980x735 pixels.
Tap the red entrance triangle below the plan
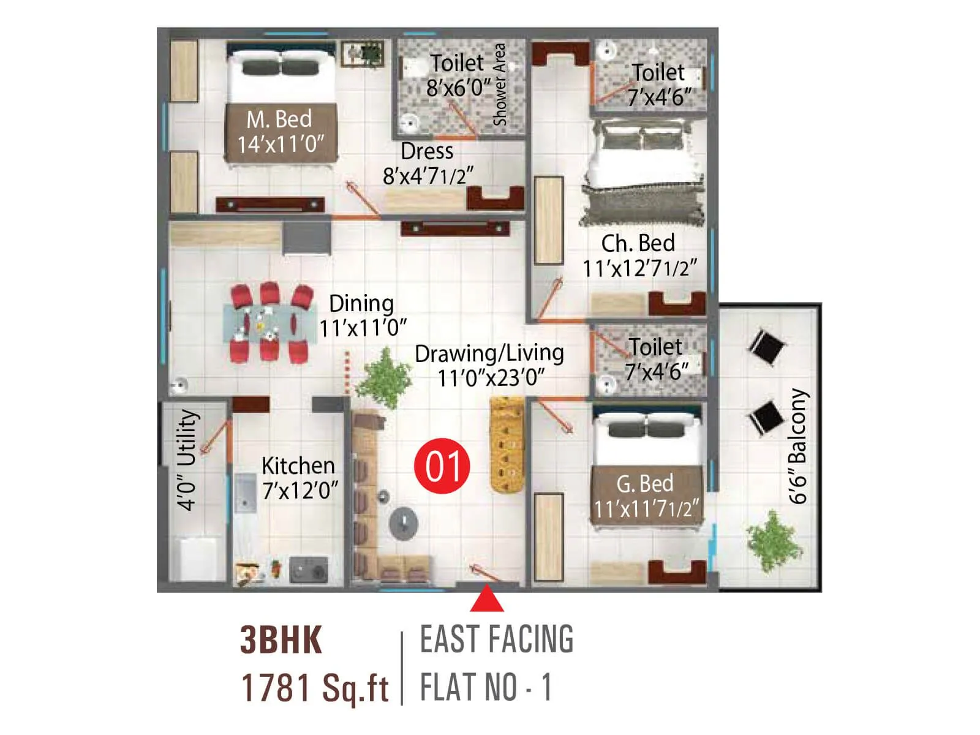[487, 600]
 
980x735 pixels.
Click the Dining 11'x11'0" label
[363, 315]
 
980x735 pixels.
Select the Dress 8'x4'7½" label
[428, 164]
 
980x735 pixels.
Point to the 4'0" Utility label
[187, 459]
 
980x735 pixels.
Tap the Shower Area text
[500, 85]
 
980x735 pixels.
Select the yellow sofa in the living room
[507, 444]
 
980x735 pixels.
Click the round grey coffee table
[404, 522]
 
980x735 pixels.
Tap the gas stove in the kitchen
[308, 570]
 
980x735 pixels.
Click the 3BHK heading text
[281, 640]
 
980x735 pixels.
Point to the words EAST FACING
[497, 639]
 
